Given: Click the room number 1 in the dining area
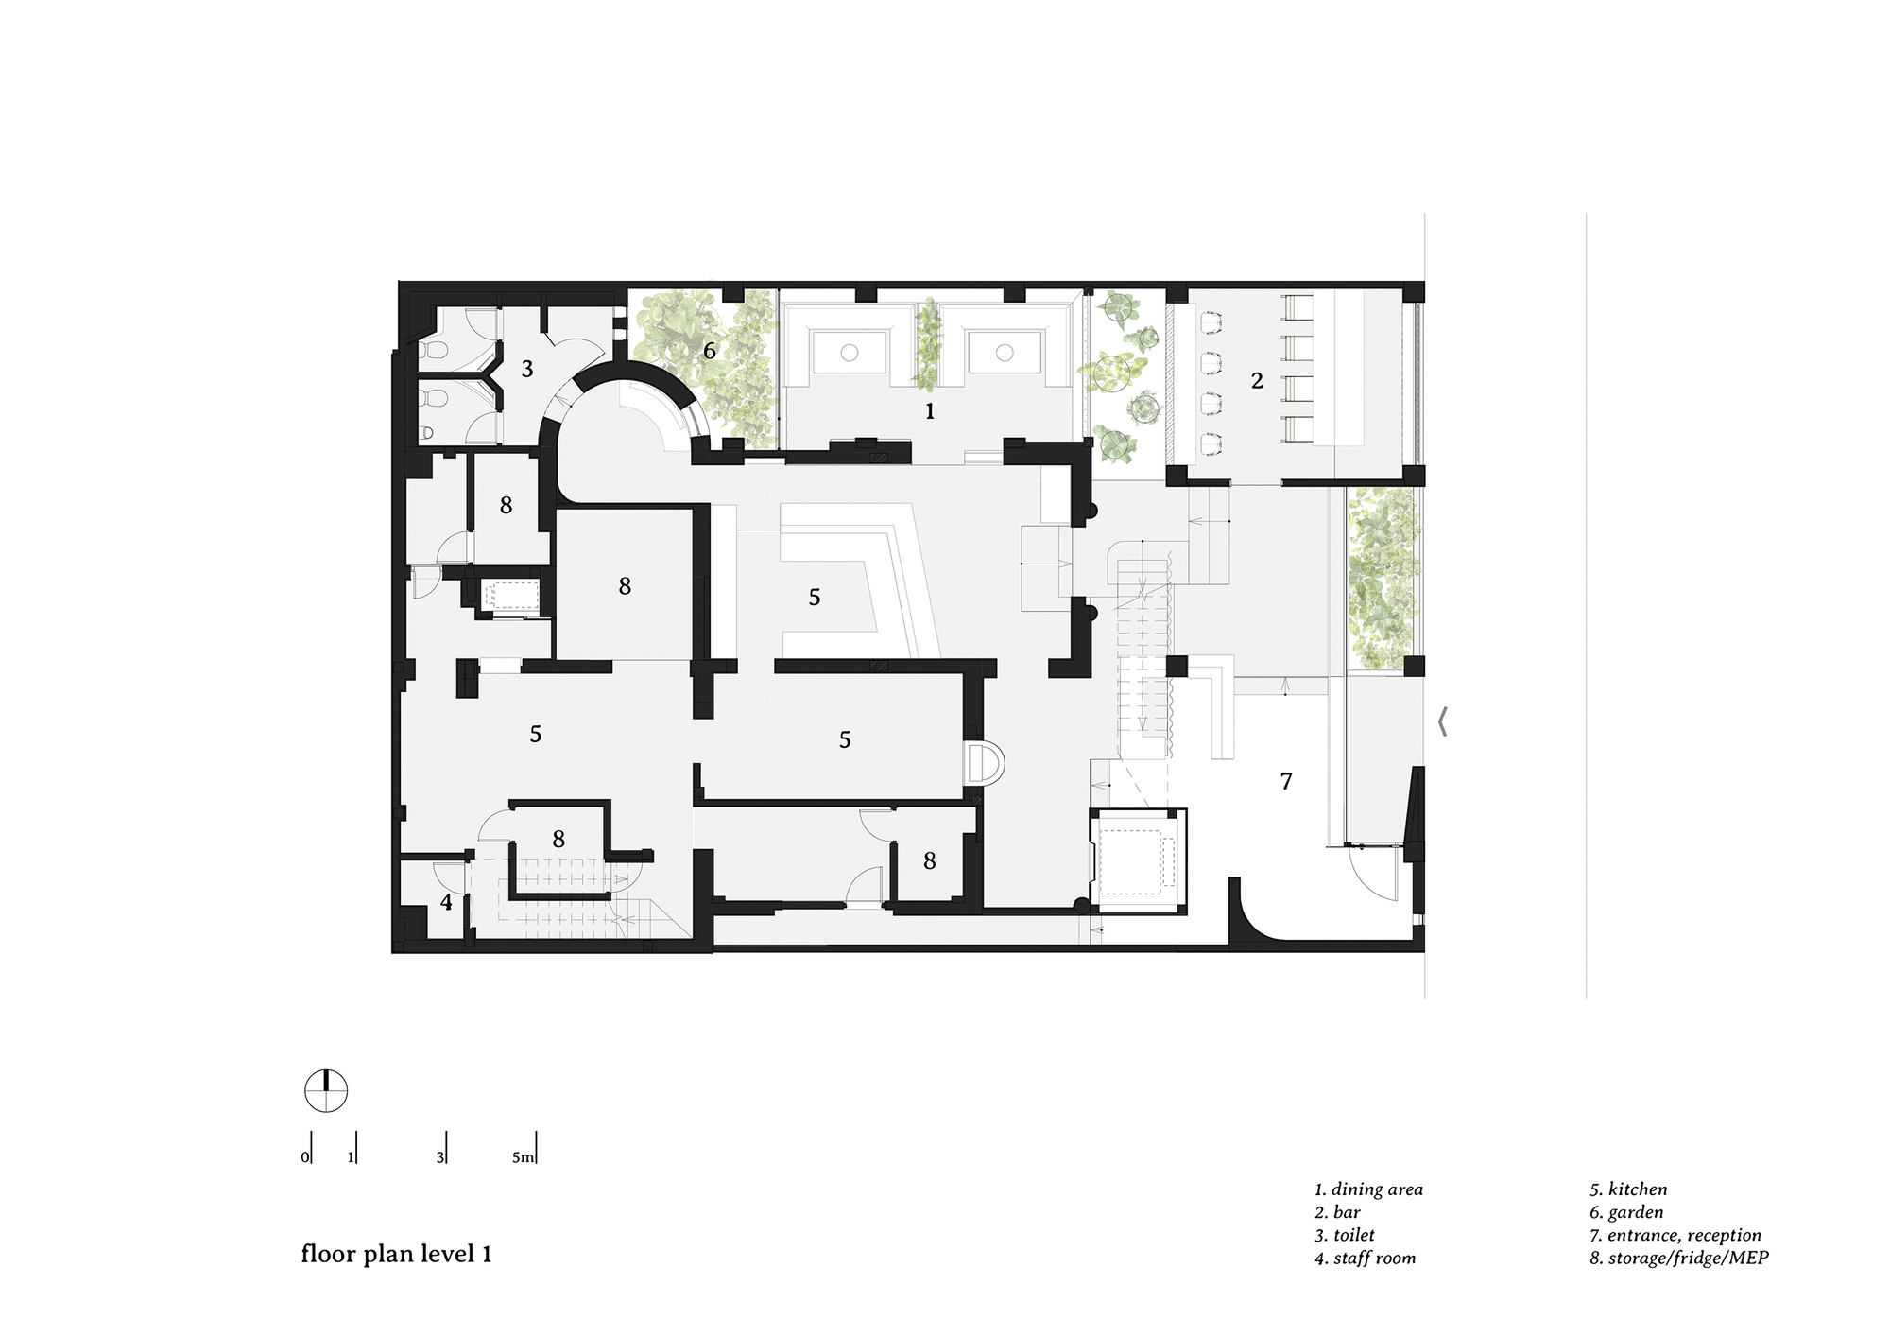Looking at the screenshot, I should (930, 411).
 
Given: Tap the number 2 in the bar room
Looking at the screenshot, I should (1257, 381).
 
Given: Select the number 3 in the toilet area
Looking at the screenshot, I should (527, 369).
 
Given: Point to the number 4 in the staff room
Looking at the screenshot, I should (446, 902).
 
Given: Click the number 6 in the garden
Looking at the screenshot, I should (710, 352).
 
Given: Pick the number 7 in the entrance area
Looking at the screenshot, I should (1285, 781).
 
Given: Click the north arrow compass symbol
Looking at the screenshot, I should (326, 1091).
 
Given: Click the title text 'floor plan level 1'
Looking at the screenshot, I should (396, 1254).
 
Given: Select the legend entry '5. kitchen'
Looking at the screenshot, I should (1628, 1189).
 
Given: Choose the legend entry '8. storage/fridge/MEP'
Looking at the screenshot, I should (1678, 1258).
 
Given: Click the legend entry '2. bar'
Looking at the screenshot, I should (1337, 1212).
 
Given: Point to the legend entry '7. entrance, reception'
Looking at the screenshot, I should (1675, 1235).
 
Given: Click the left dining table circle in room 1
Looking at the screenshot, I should (849, 352).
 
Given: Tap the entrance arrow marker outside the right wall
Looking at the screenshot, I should (1442, 721).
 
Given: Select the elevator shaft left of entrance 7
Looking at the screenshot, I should (1138, 861).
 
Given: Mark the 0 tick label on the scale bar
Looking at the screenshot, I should (305, 1157).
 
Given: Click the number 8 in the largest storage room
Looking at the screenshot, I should (625, 587).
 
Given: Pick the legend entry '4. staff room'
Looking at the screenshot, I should (1365, 1258).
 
